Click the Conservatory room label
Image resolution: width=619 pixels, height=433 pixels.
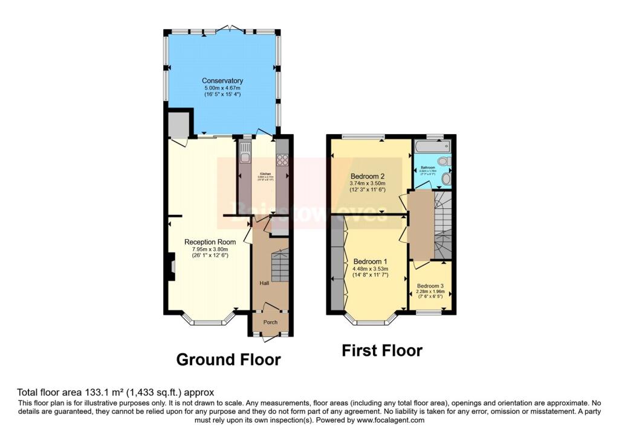coord(222,81)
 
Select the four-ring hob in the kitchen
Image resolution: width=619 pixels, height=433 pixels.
coord(282,159)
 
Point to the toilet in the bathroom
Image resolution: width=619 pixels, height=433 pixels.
coord(444,161)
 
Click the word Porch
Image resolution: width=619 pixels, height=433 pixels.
coord(270,322)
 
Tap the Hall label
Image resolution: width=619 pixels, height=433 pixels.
coord(264,283)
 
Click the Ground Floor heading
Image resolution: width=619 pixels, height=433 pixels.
coord(228,360)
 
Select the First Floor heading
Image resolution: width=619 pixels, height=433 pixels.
coord(382,350)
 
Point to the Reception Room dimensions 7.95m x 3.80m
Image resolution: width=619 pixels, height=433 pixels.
coord(210,249)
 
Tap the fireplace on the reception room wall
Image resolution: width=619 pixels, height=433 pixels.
coord(171,268)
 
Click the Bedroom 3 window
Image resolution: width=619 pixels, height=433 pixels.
coord(431,312)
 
